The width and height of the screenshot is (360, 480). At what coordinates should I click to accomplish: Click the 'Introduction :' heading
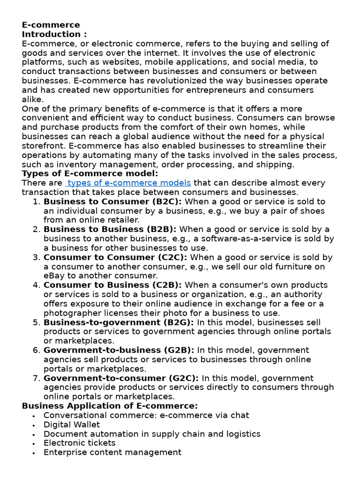tap(54, 34)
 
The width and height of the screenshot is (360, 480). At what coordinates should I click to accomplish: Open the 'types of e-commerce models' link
tap(129, 183)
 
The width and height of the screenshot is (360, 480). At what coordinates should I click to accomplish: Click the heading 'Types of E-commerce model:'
tap(90, 173)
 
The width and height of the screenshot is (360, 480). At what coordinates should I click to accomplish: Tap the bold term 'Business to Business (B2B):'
tap(110, 229)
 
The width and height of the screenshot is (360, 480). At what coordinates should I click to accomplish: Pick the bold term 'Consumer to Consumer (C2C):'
tap(115, 257)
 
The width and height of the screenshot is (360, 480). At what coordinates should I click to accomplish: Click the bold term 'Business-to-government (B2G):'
tap(119, 322)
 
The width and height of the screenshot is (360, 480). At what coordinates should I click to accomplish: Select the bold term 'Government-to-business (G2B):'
tap(119, 350)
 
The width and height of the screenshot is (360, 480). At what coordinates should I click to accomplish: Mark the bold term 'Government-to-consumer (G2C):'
tap(121, 378)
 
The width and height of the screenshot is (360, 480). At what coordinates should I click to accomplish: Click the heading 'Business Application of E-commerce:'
tap(110, 406)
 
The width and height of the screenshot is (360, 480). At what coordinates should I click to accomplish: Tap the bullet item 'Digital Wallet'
tap(71, 425)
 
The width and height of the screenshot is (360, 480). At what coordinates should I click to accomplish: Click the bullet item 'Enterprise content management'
tap(112, 452)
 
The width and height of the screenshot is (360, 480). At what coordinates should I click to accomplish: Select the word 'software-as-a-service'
tap(244, 239)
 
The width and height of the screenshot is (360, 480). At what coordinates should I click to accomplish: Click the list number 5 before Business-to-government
tap(37, 322)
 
